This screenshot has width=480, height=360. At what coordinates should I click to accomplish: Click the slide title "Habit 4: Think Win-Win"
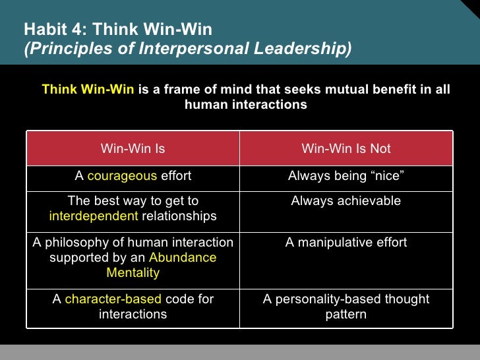[118, 30]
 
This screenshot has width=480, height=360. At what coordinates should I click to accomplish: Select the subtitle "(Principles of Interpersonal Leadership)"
[187, 49]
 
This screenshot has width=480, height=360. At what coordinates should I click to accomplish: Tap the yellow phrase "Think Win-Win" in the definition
[88, 90]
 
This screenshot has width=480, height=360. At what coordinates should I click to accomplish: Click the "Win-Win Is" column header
[133, 148]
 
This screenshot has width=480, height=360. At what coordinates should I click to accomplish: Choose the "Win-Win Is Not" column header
[346, 148]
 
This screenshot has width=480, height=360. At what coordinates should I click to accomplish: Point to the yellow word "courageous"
[122, 175]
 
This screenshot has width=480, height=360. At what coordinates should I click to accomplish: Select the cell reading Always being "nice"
[346, 175]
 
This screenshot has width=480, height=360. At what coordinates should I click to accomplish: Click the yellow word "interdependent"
[94, 216]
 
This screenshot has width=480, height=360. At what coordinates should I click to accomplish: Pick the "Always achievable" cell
[346, 201]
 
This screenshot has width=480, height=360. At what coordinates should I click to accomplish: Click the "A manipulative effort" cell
[346, 243]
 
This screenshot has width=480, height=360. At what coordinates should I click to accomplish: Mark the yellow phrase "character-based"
[113, 299]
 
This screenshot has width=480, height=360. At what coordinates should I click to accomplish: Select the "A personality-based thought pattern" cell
[346, 307]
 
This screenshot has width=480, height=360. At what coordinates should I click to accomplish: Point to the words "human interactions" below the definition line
[246, 105]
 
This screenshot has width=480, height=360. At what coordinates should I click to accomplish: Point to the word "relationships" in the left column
[179, 216]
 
